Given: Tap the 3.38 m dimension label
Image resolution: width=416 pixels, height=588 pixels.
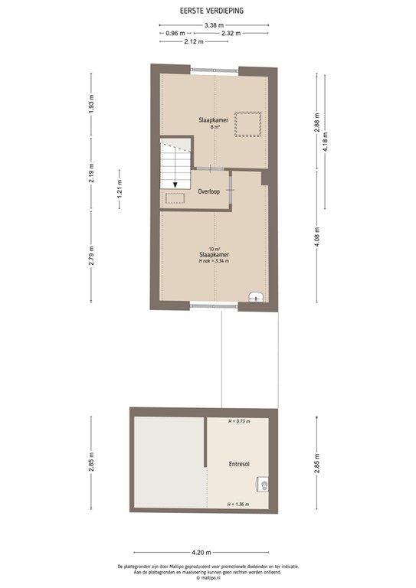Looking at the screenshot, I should pyautogui.click(x=214, y=25).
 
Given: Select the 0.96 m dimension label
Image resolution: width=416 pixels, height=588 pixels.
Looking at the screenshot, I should pyautogui.click(x=177, y=34).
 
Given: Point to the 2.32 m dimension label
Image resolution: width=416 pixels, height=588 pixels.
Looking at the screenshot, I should pyautogui.click(x=231, y=34).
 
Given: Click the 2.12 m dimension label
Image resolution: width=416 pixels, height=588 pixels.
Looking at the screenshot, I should pyautogui.click(x=194, y=41).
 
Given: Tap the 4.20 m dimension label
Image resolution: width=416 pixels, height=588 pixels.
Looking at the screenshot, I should pyautogui.click(x=201, y=552).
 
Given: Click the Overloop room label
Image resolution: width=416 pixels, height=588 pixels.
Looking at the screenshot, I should pyautogui.click(x=209, y=191).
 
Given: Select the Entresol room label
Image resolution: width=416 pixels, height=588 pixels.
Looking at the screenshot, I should pyautogui.click(x=238, y=464).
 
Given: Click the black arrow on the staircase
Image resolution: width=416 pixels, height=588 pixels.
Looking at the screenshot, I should pyautogui.click(x=175, y=183).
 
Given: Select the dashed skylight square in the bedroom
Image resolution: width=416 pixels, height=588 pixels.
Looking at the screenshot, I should pyautogui.click(x=249, y=124).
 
